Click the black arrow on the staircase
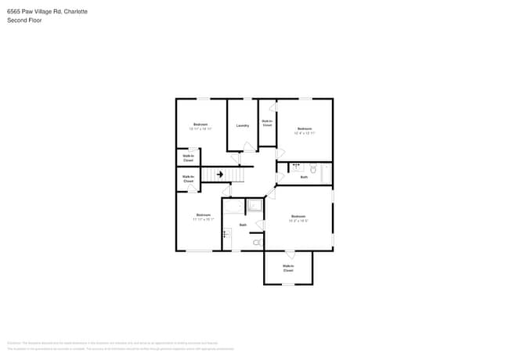(220, 175)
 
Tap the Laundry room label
(243, 125)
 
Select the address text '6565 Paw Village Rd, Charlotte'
(47, 12)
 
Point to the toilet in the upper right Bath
(312, 168)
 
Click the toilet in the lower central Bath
(257, 243)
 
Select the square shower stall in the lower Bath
(254, 207)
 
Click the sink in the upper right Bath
(298, 167)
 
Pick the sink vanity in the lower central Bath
(227, 234)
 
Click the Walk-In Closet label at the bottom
(288, 268)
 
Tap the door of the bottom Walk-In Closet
(290, 254)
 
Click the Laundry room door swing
(247, 146)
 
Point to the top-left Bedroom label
(201, 124)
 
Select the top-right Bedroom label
(304, 128)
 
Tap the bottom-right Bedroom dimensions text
(298, 220)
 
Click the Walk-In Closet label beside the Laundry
(267, 123)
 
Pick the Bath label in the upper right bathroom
(304, 178)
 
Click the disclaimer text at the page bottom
(117, 345)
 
